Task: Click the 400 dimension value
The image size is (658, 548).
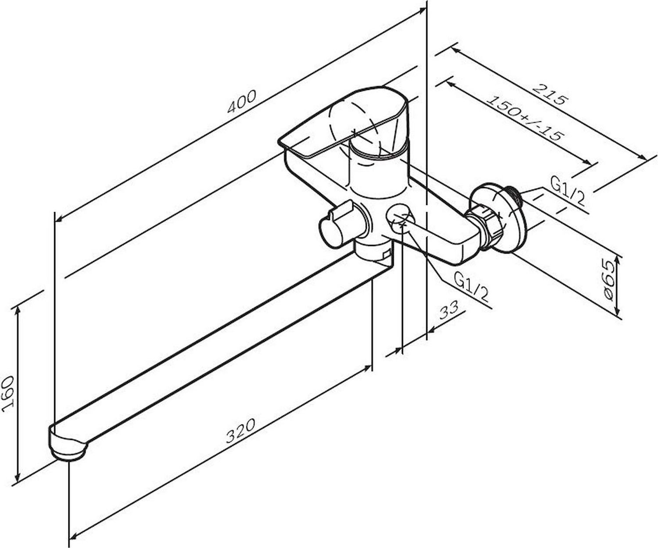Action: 241,102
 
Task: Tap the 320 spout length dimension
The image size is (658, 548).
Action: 240,431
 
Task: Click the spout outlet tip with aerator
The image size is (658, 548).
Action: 68,446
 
